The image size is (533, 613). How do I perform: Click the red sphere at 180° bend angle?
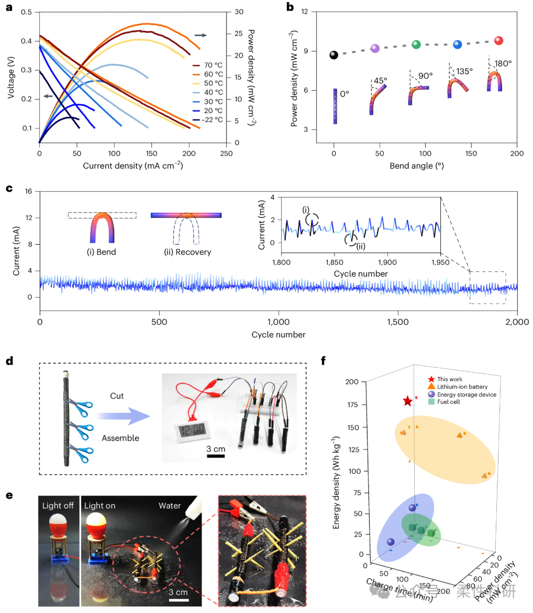(498, 41)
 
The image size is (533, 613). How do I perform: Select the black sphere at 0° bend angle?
(334, 54)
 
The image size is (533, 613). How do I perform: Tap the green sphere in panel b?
(416, 45)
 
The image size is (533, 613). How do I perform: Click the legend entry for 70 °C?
(207, 65)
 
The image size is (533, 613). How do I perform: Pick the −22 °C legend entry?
(207, 119)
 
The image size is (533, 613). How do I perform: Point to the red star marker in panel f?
(407, 401)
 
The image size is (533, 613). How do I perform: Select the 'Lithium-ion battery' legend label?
(462, 387)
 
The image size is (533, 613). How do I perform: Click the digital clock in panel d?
(192, 431)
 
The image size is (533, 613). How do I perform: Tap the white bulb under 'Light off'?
(58, 520)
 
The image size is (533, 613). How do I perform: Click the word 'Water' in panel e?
(170, 506)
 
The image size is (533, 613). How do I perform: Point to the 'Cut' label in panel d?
(117, 396)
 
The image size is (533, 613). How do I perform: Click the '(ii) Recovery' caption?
(187, 252)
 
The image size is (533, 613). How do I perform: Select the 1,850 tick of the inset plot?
(335, 262)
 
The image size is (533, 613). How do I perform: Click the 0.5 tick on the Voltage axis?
(27, 12)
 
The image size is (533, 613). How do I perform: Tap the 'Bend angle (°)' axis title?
(417, 166)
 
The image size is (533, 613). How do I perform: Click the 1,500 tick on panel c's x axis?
(398, 322)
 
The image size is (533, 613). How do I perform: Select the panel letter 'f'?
(323, 360)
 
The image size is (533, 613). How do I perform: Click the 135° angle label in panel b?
(464, 72)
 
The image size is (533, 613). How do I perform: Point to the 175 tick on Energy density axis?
(352, 404)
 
